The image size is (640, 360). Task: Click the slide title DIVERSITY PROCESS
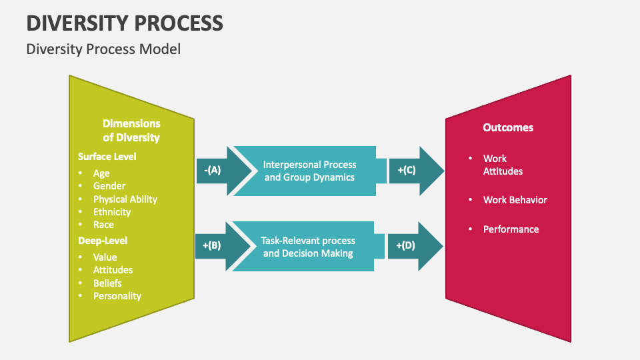(x=125, y=23)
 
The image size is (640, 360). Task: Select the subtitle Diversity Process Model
(x=103, y=49)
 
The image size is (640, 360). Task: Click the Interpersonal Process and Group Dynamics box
(x=309, y=171)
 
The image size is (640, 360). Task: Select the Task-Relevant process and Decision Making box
(x=308, y=246)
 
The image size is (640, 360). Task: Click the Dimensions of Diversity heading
(x=131, y=131)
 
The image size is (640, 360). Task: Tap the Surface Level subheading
(x=107, y=156)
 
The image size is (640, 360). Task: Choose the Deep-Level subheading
(x=103, y=240)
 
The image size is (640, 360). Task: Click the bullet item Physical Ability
(x=125, y=199)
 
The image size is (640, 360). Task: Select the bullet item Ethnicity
(x=112, y=211)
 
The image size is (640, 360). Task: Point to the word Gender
(x=109, y=186)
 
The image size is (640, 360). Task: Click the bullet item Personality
(x=117, y=295)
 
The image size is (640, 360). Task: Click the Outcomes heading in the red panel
(x=508, y=127)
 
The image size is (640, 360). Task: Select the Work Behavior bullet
(x=515, y=199)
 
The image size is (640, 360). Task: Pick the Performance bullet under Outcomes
(x=511, y=229)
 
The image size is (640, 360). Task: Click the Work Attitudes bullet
(x=503, y=165)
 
